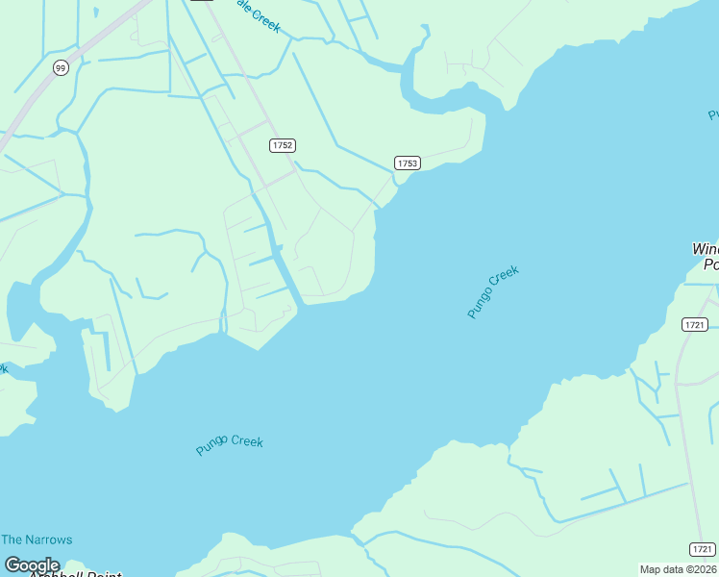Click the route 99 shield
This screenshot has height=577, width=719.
[61, 67]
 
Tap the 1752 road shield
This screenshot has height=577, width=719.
[282, 145]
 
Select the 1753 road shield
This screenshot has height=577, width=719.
[407, 163]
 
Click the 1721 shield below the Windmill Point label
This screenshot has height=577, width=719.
[695, 324]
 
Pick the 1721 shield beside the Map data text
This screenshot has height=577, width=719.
[702, 549]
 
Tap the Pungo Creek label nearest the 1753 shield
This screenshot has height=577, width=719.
[493, 291]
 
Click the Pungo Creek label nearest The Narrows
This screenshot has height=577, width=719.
[229, 444]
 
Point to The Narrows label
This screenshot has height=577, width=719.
[37, 539]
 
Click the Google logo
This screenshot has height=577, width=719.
[32, 564]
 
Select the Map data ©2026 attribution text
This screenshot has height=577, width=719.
[678, 569]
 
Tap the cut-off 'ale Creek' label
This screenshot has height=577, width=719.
[258, 15]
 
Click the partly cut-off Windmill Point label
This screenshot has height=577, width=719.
[706, 257]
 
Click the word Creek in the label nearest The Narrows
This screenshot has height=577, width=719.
[247, 441]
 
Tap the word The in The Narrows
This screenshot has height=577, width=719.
[11, 539]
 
